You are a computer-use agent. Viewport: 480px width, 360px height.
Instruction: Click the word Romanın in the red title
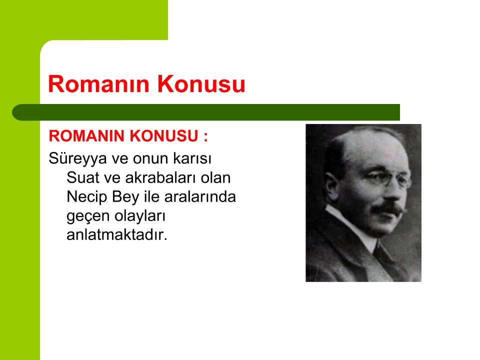[x=98, y=83]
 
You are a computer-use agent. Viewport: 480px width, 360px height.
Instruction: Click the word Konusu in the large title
[x=201, y=83]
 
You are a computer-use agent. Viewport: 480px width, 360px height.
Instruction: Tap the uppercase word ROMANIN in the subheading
[x=86, y=136]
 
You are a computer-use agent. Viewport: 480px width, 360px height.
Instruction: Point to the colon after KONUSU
[x=205, y=137]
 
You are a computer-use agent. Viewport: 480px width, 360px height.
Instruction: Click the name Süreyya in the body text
[x=78, y=159]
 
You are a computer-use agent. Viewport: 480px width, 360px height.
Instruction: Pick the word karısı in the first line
[x=192, y=158]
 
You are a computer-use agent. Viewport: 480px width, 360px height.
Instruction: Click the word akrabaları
[x=160, y=177]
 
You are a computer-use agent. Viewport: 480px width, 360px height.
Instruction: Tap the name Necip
[x=87, y=197]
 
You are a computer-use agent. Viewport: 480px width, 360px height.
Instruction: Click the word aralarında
[x=200, y=196]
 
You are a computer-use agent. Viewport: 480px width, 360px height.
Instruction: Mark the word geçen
[x=88, y=216]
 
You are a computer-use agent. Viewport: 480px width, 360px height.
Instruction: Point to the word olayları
[x=140, y=216]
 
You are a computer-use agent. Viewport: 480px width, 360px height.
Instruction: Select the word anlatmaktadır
[x=117, y=235]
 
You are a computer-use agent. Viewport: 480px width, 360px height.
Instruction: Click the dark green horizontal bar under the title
[x=206, y=112]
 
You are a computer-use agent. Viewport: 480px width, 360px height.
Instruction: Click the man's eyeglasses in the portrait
[x=389, y=178]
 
